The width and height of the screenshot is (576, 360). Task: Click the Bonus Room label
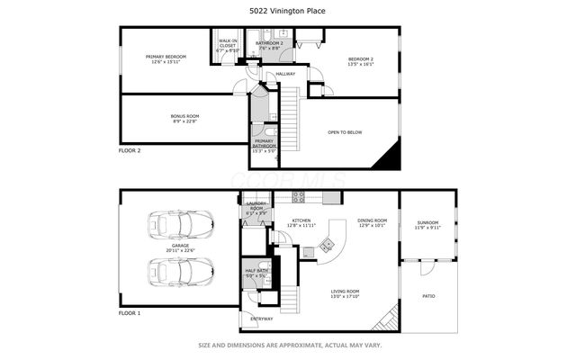click(184, 118)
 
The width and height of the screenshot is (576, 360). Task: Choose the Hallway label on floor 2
click(285, 74)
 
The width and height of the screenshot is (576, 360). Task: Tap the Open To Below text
click(344, 132)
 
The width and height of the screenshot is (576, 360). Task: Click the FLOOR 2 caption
click(130, 150)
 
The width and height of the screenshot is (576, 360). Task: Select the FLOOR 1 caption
click(130, 312)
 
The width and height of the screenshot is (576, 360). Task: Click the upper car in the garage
click(183, 223)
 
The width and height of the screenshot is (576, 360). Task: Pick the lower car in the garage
click(183, 269)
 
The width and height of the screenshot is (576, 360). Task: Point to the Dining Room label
click(373, 222)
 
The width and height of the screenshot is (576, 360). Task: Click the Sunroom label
click(427, 224)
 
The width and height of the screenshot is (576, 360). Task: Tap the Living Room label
click(346, 293)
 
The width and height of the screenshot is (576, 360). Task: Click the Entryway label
click(261, 319)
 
